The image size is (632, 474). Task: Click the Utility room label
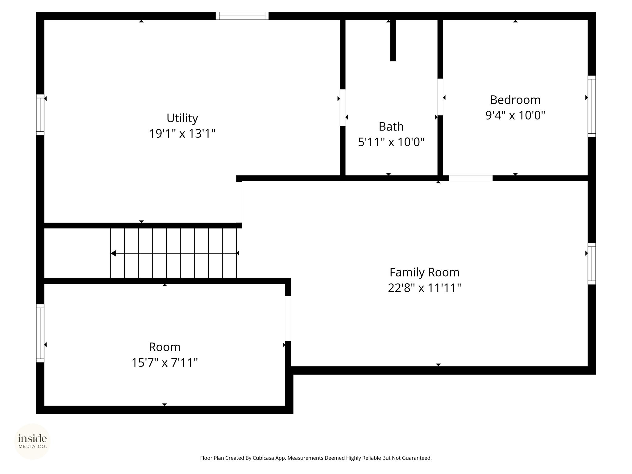tap(182, 118)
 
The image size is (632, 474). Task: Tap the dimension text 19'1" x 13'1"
tap(182, 134)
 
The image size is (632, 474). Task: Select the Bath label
tap(391, 127)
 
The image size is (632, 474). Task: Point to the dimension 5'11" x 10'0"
tap(391, 142)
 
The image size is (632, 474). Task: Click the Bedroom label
tap(515, 100)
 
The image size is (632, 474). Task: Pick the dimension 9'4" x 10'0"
tap(515, 115)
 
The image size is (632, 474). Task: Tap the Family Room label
tap(424, 272)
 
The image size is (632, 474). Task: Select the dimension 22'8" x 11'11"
tap(424, 288)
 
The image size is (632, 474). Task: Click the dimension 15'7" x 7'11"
tap(164, 363)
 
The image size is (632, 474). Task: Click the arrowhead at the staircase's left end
tap(113, 253)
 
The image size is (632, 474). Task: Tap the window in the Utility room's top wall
tap(242, 16)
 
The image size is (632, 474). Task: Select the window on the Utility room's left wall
tap(40, 115)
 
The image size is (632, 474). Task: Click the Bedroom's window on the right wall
tap(592, 106)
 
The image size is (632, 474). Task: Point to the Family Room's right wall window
tap(592, 264)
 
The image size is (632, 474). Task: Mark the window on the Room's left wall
tap(40, 333)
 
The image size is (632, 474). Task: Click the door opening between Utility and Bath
tap(343, 108)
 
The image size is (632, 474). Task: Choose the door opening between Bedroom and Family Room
tap(471, 178)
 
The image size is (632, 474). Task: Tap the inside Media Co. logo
tap(32, 441)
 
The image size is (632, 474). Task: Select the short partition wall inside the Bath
tap(393, 40)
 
